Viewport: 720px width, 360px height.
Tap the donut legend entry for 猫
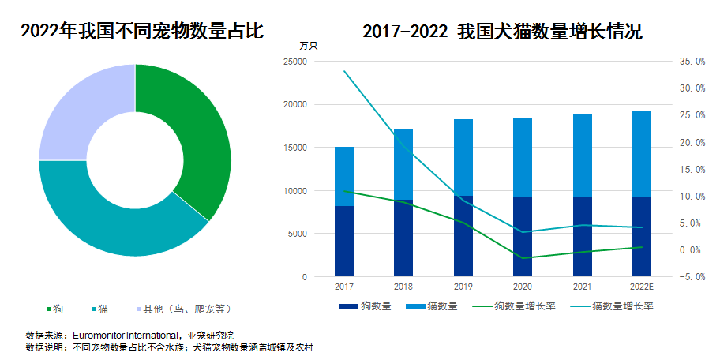101,308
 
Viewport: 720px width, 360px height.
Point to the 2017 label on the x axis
344,286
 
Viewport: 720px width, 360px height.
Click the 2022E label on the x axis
642,286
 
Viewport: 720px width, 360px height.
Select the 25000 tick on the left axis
294,62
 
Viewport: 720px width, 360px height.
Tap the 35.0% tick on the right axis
692,61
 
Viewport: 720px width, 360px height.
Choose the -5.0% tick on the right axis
692,277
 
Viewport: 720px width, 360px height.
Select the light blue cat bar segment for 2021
583,156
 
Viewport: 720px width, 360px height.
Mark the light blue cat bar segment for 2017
344,176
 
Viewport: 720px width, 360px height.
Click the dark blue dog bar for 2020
523,237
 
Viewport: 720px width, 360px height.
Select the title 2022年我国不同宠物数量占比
142,32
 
